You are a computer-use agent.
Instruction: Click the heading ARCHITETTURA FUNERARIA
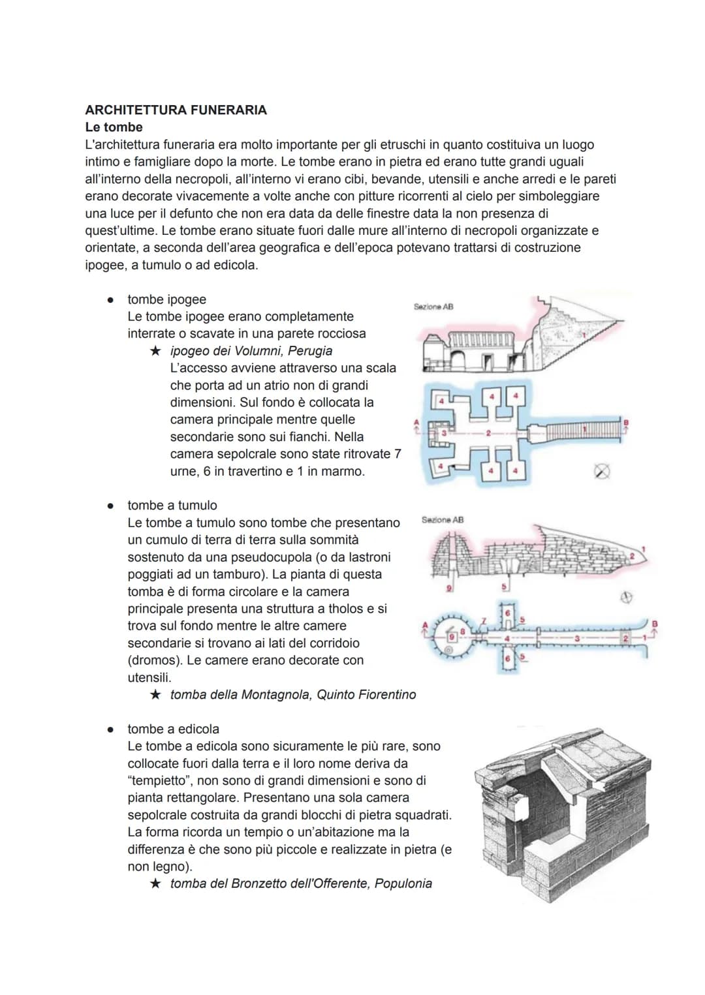click(176, 110)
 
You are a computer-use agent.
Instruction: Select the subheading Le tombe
click(114, 127)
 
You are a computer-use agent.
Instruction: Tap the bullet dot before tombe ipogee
click(112, 300)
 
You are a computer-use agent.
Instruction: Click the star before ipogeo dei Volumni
click(155, 351)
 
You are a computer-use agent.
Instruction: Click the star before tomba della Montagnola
click(155, 695)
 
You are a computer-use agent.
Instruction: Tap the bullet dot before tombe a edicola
click(112, 729)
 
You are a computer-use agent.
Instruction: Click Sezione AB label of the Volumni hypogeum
click(433, 307)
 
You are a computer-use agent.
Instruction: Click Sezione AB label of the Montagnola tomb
click(443, 520)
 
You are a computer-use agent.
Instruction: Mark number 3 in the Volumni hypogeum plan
click(444, 432)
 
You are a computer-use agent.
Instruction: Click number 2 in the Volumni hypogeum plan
click(487, 432)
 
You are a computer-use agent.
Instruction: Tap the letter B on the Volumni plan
click(626, 423)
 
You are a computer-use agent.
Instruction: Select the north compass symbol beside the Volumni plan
click(602, 471)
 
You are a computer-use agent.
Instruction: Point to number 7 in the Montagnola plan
click(484, 620)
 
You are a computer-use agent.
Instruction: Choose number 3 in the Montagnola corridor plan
click(576, 638)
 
